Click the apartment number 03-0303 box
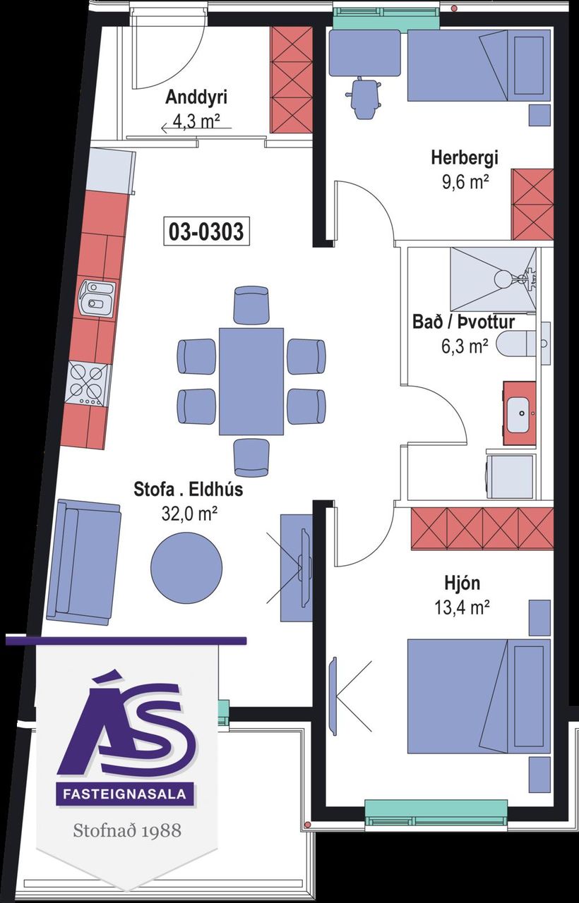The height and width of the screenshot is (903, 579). click(x=206, y=231)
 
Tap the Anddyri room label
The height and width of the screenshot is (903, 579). click(x=196, y=97)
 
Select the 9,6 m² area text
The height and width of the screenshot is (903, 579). click(x=465, y=183)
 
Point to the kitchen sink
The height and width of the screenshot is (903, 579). click(x=97, y=298)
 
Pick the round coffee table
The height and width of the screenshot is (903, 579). click(x=186, y=566)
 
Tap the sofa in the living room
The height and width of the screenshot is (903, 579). click(x=83, y=562)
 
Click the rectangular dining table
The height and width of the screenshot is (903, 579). click(x=251, y=382)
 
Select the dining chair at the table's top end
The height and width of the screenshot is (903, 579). click(x=251, y=304)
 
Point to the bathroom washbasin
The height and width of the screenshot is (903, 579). click(x=520, y=413)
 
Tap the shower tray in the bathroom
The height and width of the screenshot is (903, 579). click(x=494, y=280)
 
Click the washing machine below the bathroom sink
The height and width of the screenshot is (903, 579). click(x=511, y=478)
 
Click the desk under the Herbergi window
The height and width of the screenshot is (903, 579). click(x=365, y=53)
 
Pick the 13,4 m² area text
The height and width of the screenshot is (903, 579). click(x=462, y=608)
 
